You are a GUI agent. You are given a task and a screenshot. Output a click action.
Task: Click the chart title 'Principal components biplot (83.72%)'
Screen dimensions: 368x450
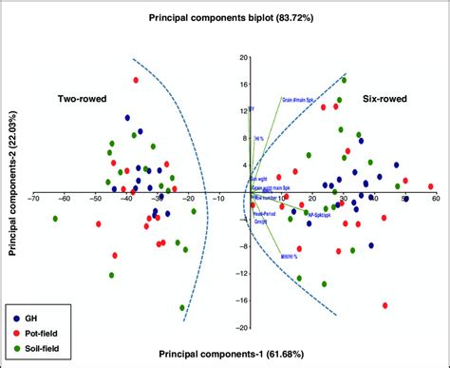pos(224,18)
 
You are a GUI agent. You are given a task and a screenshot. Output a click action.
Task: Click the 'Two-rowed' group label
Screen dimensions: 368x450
pos(82,98)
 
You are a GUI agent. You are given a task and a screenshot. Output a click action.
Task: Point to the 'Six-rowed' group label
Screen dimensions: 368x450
pos(384,98)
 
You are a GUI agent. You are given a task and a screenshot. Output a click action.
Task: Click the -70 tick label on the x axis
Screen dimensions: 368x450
pos(34,198)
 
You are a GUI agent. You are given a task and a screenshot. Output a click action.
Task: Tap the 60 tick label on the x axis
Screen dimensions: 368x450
pos(435,198)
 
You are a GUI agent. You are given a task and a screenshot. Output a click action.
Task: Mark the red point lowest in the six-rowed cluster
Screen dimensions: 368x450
pos(385,305)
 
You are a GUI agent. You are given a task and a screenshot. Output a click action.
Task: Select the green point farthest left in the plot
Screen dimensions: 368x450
pos(55,219)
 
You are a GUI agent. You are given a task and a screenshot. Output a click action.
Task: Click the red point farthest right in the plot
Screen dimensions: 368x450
pos(431,187)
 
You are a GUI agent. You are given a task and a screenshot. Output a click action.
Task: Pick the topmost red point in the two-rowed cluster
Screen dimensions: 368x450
pos(136,80)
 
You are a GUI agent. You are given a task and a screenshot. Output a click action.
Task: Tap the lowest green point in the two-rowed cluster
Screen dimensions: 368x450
pos(182,307)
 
